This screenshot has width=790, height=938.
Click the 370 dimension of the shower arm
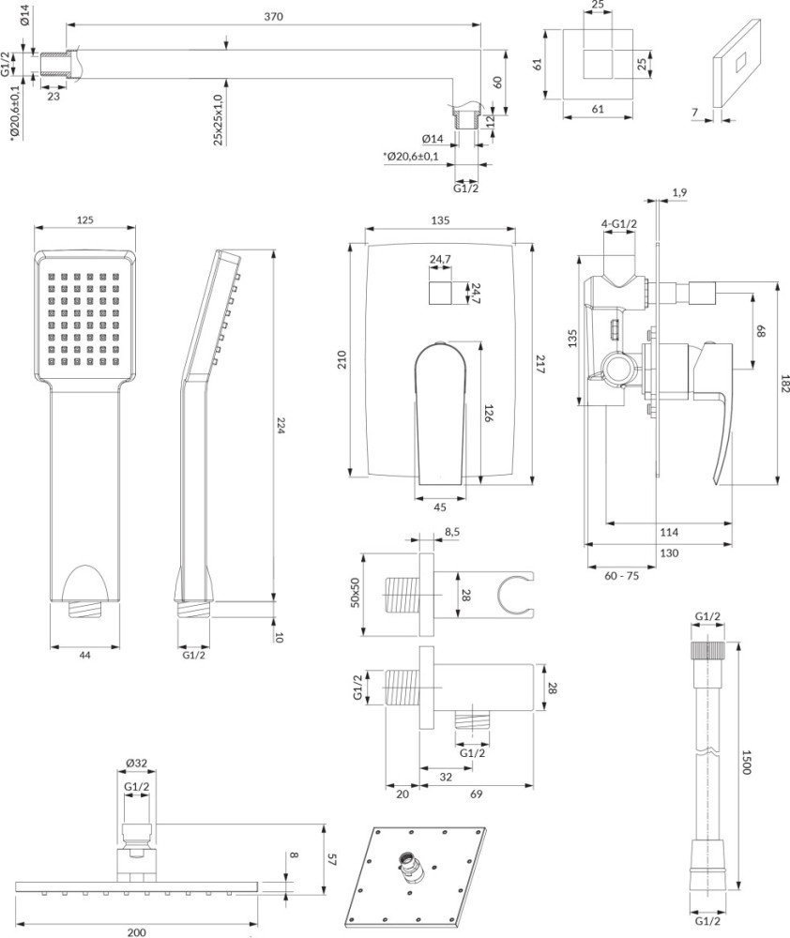[x=273, y=17]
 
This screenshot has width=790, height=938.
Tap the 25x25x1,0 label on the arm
[x=218, y=120]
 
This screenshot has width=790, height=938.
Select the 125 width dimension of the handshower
[x=85, y=219]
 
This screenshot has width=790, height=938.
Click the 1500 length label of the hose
[x=746, y=762]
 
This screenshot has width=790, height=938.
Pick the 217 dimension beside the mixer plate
[x=540, y=364]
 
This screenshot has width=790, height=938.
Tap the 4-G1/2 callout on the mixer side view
[x=619, y=224]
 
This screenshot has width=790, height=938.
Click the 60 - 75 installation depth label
[x=621, y=576]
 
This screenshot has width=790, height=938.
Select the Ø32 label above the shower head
[x=136, y=763]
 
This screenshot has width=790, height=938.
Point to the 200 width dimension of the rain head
[x=136, y=932]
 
